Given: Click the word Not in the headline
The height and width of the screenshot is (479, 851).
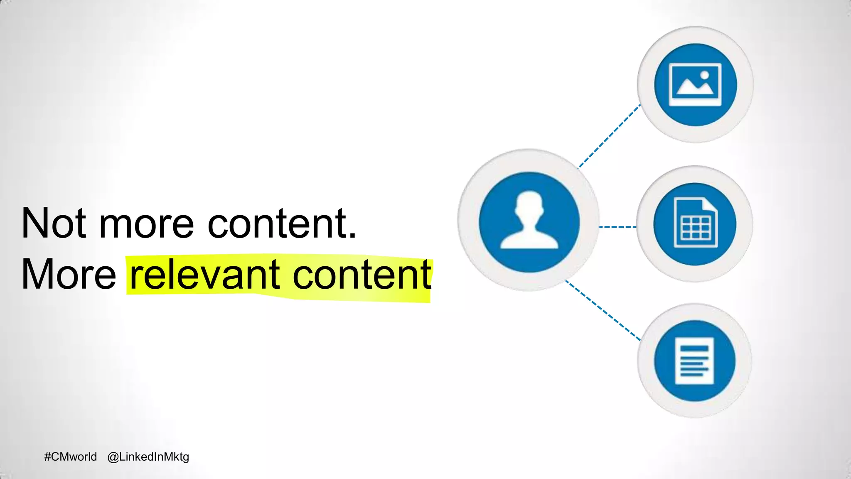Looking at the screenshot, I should click(x=54, y=224).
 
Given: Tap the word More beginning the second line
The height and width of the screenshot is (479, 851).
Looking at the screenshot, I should click(x=69, y=274).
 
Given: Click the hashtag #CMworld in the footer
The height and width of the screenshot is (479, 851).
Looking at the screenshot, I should click(x=70, y=457).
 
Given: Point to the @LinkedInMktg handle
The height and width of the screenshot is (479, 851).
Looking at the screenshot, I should click(x=148, y=457).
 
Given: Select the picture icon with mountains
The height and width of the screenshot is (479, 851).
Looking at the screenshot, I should click(x=695, y=84).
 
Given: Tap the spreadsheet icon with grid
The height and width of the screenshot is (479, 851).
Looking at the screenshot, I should click(x=695, y=224).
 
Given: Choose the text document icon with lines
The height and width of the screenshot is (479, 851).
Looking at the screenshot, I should click(x=694, y=361).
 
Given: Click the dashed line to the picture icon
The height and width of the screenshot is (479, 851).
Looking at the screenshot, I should click(x=609, y=136).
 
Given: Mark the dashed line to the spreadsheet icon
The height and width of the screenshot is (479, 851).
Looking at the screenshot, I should click(x=617, y=227).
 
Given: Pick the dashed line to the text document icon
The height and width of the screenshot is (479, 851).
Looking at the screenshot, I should click(x=603, y=311).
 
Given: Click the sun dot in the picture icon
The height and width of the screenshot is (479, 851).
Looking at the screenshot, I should click(x=704, y=76).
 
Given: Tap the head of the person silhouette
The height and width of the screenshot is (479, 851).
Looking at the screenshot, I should click(x=529, y=204).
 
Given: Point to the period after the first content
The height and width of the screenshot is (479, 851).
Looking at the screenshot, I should click(x=352, y=236).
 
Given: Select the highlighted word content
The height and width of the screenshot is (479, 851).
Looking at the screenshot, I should click(x=362, y=275).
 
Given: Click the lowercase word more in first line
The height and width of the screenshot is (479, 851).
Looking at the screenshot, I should click(x=146, y=224).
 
